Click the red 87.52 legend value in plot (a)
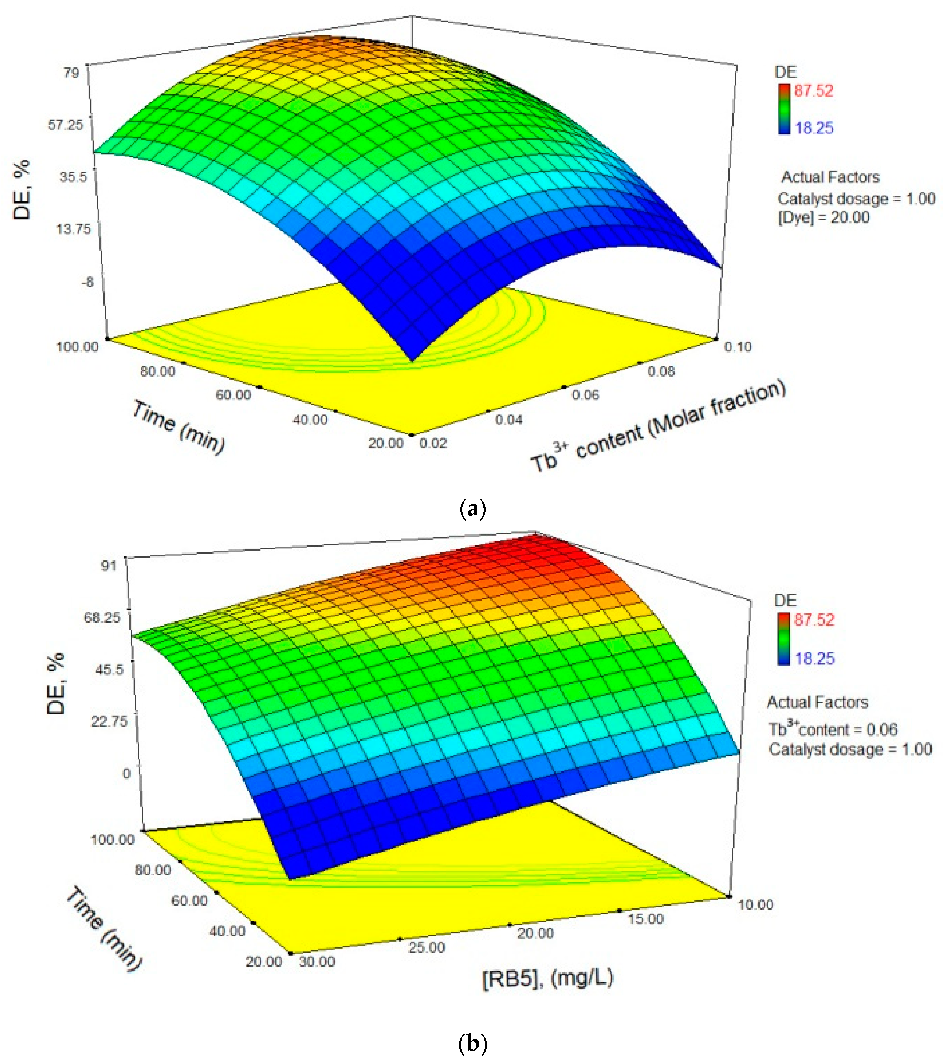(813, 91)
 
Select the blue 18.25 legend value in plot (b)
(814, 658)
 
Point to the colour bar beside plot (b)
(784, 639)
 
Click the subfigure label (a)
(473, 508)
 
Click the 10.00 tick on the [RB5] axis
(755, 905)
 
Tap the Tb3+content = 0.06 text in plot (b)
(833, 729)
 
